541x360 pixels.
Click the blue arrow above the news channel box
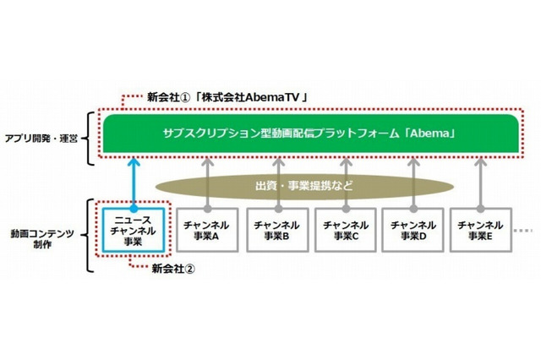pyautogui.click(x=134, y=181)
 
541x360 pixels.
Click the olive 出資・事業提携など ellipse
pyautogui.click(x=303, y=184)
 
